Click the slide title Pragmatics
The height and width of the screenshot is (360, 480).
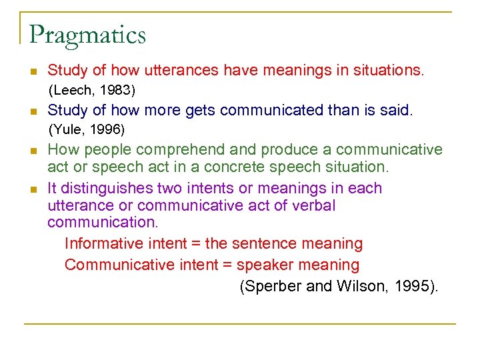coord(87,34)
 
